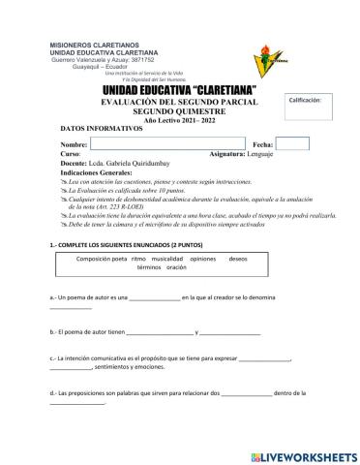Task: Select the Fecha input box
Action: pyautogui.click(x=292, y=143)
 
